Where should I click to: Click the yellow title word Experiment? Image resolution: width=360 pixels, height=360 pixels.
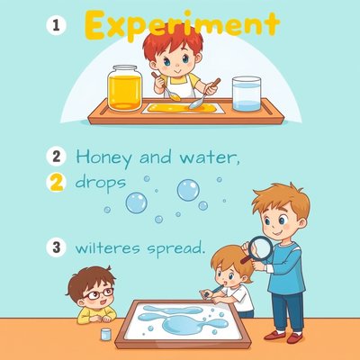(182, 25)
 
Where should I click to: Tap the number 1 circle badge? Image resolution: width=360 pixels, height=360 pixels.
(56, 25)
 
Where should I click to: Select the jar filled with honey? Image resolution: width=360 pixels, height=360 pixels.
(124, 88)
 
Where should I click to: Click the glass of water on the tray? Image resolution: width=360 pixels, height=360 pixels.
(247, 94)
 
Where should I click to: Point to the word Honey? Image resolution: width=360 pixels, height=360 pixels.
(103, 158)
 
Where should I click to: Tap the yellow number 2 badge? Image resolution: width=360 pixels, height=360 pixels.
(56, 183)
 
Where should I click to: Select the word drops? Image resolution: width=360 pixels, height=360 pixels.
(100, 183)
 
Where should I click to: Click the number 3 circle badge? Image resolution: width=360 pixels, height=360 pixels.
(56, 247)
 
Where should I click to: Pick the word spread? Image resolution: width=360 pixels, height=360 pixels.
(176, 249)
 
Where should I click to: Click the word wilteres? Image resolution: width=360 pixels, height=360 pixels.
(107, 247)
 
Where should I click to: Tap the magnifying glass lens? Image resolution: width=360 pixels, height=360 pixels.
(261, 248)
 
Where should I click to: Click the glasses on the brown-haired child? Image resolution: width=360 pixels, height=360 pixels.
(99, 293)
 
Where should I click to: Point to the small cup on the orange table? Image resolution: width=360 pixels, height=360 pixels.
(106, 334)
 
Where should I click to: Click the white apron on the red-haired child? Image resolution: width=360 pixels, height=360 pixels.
(179, 87)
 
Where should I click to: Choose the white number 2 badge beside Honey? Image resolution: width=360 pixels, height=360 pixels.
(56, 157)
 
